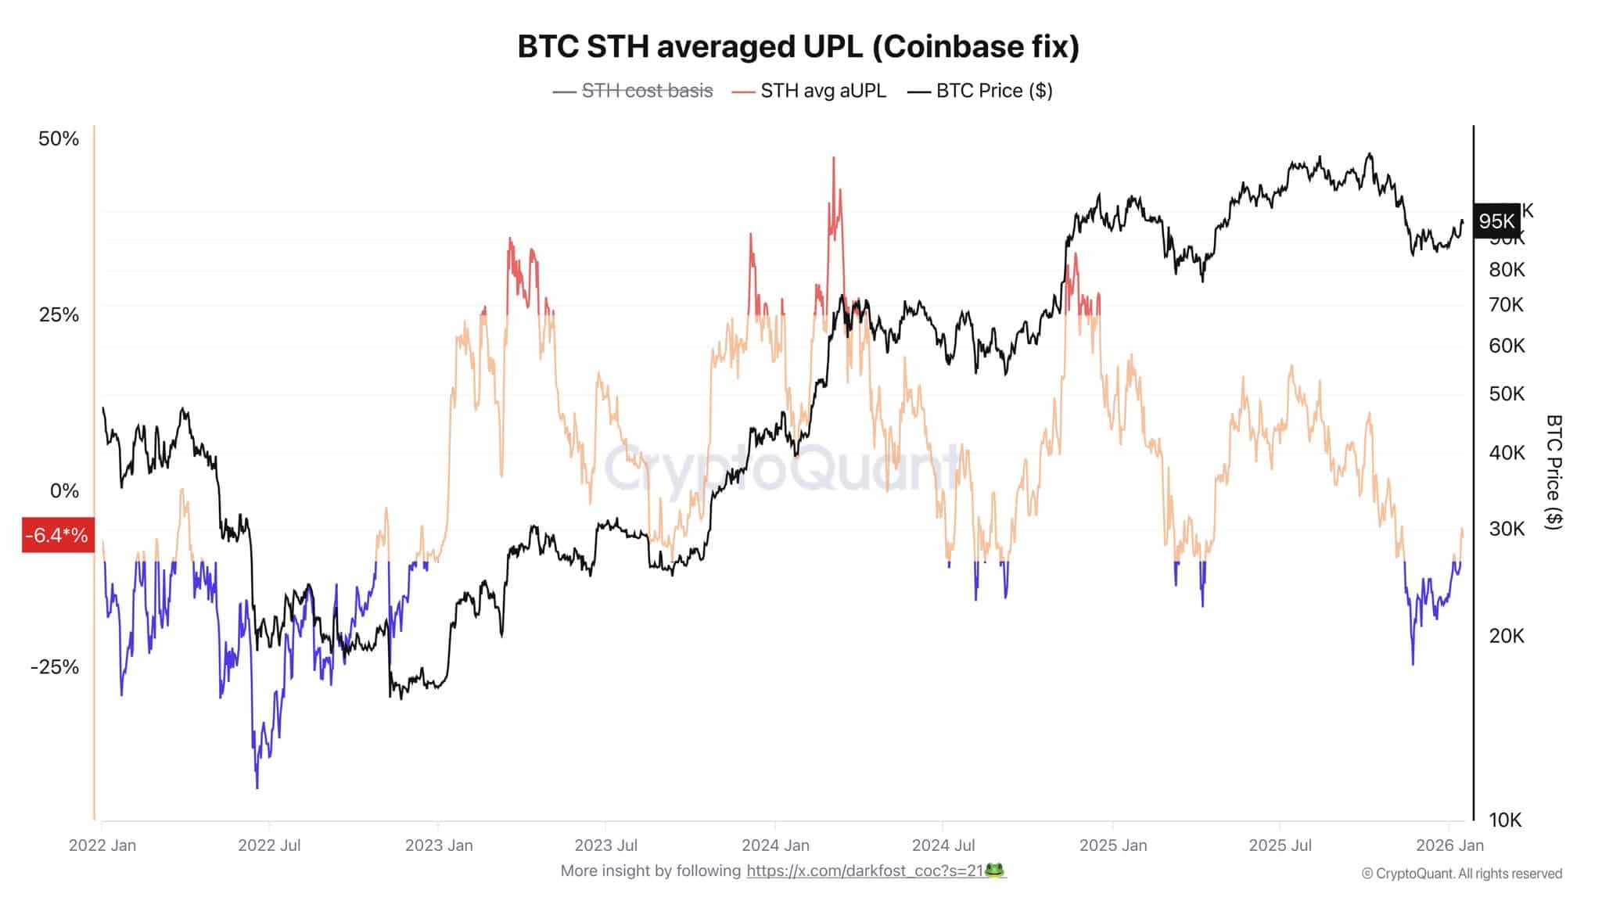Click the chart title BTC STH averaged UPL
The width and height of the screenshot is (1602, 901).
pyautogui.click(x=798, y=47)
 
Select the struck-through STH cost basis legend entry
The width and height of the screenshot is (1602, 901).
pyautogui.click(x=646, y=91)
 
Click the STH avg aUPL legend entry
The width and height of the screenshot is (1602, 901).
pyautogui.click(x=822, y=91)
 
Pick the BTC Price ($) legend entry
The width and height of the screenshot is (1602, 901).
pyautogui.click(x=993, y=91)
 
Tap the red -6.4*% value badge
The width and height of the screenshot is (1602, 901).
pyautogui.click(x=57, y=535)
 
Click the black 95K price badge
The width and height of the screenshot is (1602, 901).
pyautogui.click(x=1496, y=221)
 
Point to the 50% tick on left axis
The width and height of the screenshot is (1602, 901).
pyautogui.click(x=59, y=138)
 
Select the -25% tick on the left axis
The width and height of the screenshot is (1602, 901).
pyautogui.click(x=55, y=667)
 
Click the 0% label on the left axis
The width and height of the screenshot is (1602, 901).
pyautogui.click(x=64, y=491)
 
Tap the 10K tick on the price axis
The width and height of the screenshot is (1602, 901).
pyautogui.click(x=1505, y=820)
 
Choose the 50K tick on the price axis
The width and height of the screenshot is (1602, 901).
pyautogui.click(x=1507, y=393)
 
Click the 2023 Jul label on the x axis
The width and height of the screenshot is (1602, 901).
pyautogui.click(x=605, y=845)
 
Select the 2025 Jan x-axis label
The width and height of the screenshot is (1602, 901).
pyautogui.click(x=1112, y=845)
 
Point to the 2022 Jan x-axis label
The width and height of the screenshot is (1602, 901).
pyautogui.click(x=102, y=845)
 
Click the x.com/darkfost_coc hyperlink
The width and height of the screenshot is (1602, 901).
pyautogui.click(x=864, y=870)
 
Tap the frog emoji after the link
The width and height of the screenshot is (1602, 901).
pyautogui.click(x=995, y=870)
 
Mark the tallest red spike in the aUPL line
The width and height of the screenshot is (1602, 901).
pyautogui.click(x=834, y=159)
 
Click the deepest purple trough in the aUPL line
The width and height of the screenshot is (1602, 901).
pyautogui.click(x=257, y=786)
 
